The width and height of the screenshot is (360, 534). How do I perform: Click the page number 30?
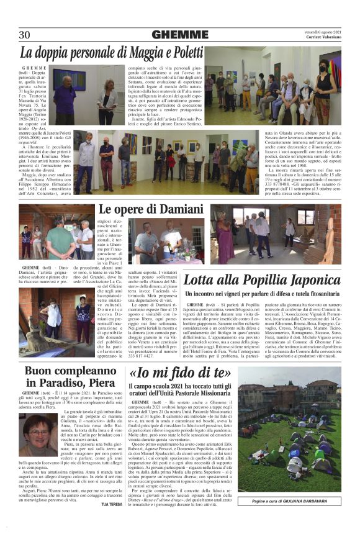tap(25, 35)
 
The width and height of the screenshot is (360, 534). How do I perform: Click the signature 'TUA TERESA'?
tap(111, 522)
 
